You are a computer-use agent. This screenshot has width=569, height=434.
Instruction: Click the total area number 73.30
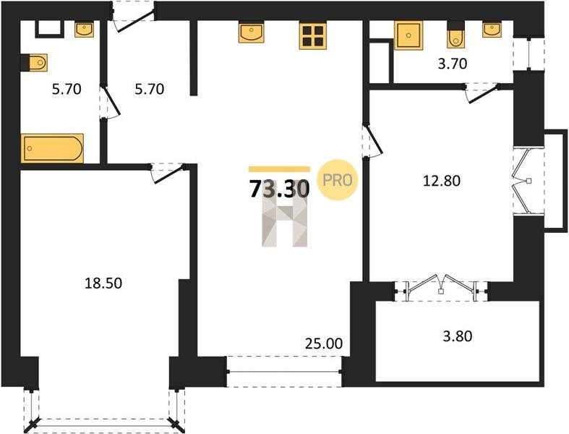279,189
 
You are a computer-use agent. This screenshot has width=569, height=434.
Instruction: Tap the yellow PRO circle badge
338,180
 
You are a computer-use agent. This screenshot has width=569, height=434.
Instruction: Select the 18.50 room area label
103,283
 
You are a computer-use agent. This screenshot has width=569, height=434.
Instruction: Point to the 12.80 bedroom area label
442,181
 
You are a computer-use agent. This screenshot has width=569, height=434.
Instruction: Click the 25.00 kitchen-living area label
324,343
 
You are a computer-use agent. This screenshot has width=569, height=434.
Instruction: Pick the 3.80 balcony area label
458,336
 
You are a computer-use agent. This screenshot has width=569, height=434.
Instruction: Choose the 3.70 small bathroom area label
452,64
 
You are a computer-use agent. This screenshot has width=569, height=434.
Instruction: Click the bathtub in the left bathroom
52,148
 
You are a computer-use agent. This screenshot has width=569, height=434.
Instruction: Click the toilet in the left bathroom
34,63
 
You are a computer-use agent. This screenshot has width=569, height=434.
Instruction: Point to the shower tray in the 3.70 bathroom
408,35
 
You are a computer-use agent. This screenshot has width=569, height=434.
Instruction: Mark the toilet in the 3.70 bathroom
455,35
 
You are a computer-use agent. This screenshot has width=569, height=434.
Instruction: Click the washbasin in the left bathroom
84,29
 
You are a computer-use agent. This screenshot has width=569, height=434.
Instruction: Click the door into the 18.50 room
168,173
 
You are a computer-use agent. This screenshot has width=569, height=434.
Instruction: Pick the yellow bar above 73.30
279,169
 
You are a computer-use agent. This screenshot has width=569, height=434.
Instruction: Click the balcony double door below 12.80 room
441,287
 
